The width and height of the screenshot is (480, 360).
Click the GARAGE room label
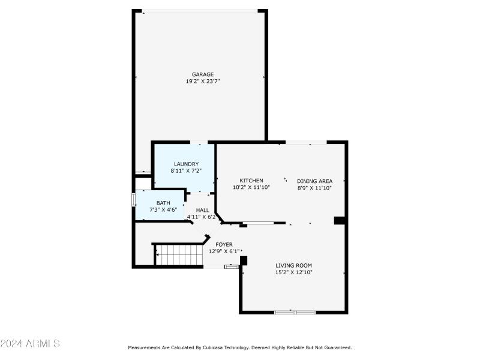click(203, 74)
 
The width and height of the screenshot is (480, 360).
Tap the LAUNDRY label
click(186, 164)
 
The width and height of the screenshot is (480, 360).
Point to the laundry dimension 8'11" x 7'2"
click(186, 171)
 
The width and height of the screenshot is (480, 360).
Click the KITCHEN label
click(251, 181)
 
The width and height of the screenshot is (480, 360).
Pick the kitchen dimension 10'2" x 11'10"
click(251, 188)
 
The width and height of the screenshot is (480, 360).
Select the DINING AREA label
click(314, 181)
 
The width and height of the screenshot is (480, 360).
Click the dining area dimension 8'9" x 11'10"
click(314, 188)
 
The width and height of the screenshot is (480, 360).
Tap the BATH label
click(163, 203)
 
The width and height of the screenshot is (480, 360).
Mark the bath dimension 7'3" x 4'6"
click(163, 210)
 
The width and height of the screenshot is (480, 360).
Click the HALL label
click(202, 210)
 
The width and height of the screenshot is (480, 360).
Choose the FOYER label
click(224, 244)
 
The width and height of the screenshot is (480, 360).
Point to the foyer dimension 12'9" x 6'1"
click(224, 251)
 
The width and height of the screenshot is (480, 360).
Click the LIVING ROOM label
click(293, 265)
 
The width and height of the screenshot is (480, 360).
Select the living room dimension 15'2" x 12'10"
click(293, 272)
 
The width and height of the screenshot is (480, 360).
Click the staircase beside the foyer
click(179, 255)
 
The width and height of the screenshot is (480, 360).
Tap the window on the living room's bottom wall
click(295, 312)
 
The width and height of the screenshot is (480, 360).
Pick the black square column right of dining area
click(339, 220)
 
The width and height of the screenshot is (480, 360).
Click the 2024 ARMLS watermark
click(30, 344)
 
